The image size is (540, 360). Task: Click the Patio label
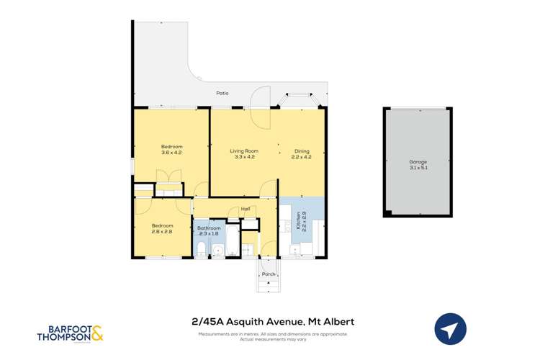223,93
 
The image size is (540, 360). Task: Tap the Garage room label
418,162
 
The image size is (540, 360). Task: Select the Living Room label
243,150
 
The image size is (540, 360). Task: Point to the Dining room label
302,150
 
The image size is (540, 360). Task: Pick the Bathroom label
209,228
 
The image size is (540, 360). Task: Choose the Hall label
246,209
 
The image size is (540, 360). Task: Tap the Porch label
269,274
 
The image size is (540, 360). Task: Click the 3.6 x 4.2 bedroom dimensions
171,153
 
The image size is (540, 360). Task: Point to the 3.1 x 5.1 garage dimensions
418,168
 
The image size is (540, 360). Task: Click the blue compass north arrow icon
451,330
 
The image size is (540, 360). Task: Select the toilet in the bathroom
200,249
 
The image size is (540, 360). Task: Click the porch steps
269,285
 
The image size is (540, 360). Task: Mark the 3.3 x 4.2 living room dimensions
243,156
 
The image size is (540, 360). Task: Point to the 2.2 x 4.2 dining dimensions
302,156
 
